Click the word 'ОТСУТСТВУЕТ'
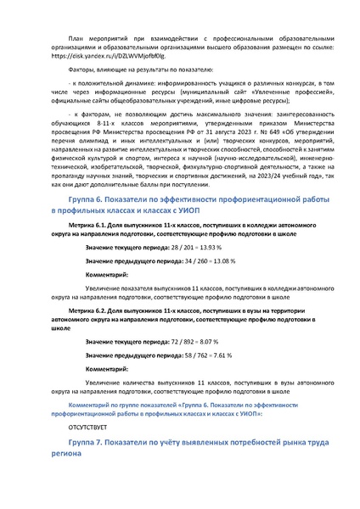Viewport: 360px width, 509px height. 88,428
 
